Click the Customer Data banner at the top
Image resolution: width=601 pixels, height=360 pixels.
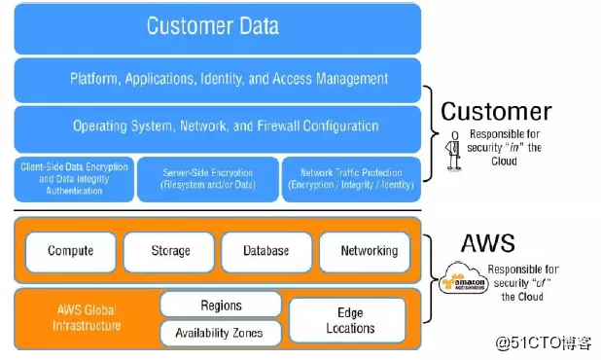[x=217, y=26]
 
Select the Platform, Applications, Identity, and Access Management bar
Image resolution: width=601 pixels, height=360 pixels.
[x=217, y=79]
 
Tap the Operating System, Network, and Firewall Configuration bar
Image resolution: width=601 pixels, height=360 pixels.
[x=217, y=126]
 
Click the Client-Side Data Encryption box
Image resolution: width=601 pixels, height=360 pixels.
[x=73, y=179]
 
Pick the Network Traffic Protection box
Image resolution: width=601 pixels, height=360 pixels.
[x=351, y=179]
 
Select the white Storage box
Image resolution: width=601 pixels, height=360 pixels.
[x=169, y=251]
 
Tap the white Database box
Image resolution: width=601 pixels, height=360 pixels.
[x=266, y=251]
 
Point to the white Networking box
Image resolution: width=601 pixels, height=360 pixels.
[x=369, y=251]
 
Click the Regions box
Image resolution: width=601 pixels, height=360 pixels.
[x=221, y=306]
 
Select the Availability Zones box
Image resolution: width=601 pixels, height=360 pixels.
[x=219, y=334]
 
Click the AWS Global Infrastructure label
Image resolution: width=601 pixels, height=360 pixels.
[x=87, y=317]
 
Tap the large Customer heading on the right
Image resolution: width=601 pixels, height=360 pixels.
[x=496, y=111]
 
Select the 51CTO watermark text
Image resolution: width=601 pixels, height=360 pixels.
[x=544, y=342]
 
